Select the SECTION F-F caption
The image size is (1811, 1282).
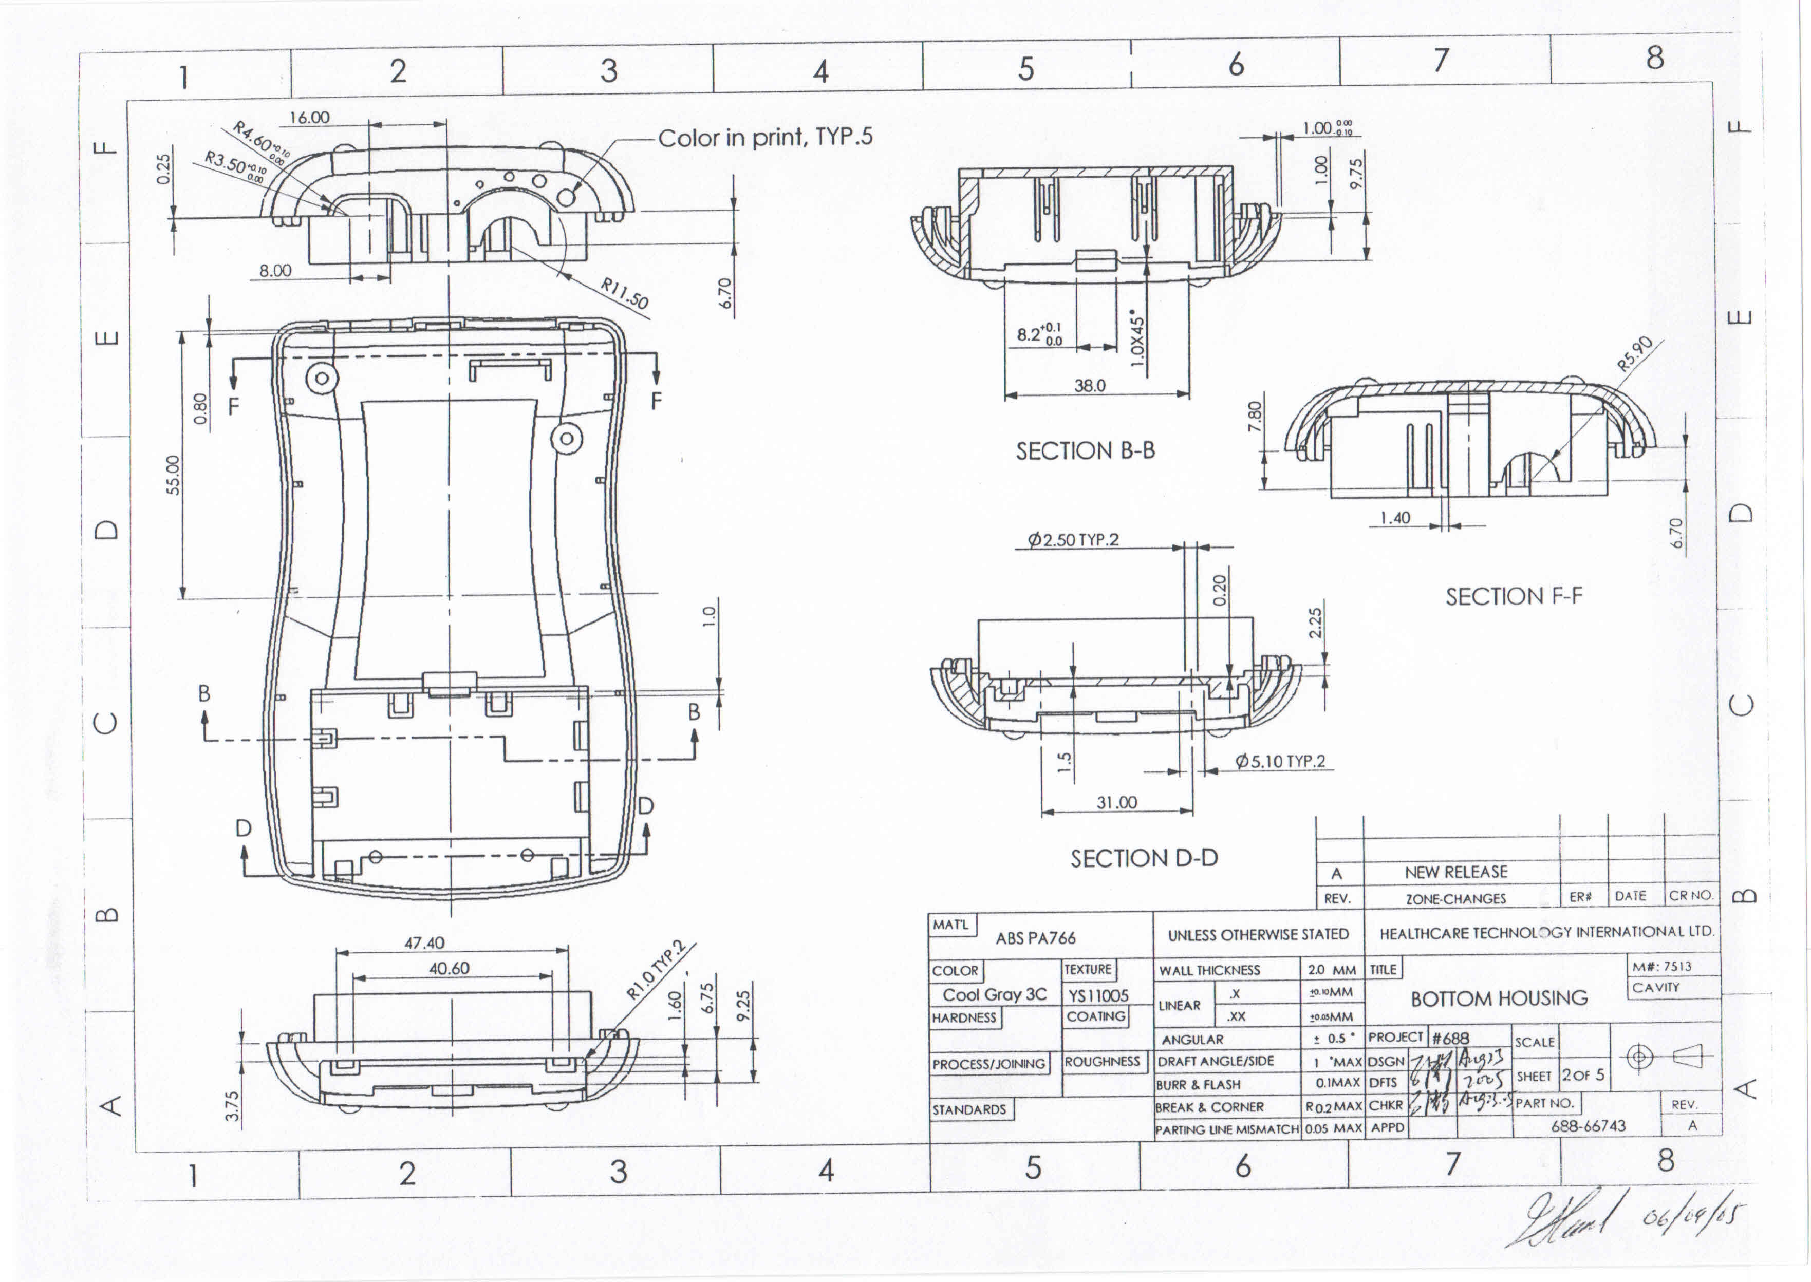[x=1514, y=596]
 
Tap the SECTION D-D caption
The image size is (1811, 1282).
[x=1144, y=858]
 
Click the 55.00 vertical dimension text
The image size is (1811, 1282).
[x=173, y=475]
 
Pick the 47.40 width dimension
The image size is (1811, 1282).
[x=425, y=942]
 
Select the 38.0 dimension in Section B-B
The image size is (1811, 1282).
[x=1090, y=385]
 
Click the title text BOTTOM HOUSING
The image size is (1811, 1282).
[x=1498, y=998]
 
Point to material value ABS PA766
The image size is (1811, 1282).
[x=1035, y=938]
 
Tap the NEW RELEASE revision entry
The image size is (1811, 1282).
[x=1456, y=872]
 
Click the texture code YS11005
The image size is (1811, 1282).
[x=1098, y=995]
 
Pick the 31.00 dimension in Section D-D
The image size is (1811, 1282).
[x=1116, y=803]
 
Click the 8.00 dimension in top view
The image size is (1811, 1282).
[x=275, y=271]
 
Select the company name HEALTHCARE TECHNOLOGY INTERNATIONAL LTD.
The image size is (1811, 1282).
[x=1546, y=932]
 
